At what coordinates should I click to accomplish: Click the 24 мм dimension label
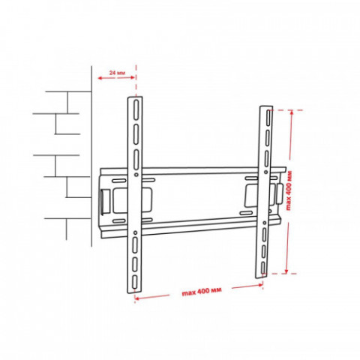[x=117, y=73]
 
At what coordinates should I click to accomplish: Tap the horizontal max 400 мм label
[x=202, y=292]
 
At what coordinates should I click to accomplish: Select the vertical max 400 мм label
[x=289, y=190]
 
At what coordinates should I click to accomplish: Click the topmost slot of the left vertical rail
[x=136, y=110]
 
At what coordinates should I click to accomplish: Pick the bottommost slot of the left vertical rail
[x=135, y=282]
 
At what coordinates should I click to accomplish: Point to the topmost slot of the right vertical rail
[x=268, y=118]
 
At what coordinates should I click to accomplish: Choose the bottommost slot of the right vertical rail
[x=262, y=268]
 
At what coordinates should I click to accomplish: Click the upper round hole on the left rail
[x=136, y=175]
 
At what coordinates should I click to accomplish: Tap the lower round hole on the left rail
[x=135, y=232]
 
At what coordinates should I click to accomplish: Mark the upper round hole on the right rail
[x=265, y=172]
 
